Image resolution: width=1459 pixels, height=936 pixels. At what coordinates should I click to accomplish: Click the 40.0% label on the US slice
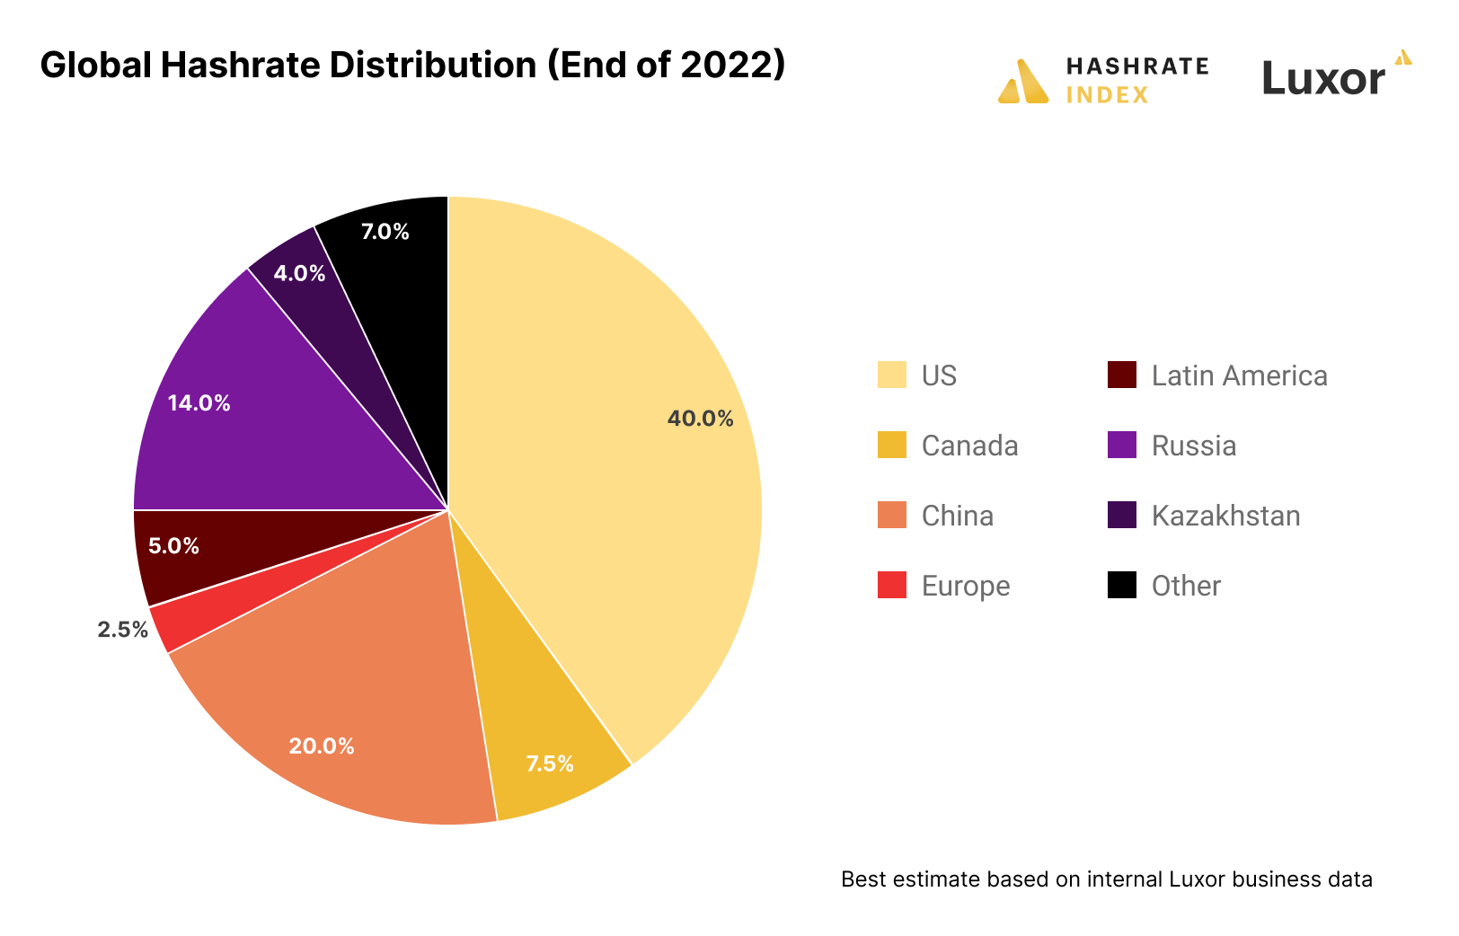point(700,419)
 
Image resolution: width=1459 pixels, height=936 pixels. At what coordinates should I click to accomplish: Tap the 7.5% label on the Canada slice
point(550,764)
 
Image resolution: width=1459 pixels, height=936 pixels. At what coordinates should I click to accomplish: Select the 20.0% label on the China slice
point(322,746)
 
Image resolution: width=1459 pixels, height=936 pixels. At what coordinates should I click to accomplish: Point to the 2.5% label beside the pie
point(123,630)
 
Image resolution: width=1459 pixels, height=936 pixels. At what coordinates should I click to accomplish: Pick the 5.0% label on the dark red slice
point(173,546)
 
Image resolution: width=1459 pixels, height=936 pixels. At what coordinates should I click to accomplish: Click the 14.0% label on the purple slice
point(199,403)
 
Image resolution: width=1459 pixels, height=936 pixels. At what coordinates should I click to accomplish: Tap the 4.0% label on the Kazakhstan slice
point(299,274)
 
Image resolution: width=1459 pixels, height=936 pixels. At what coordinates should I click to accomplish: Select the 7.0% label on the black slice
point(385,232)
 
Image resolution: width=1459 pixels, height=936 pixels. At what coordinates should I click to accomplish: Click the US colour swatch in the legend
point(892,375)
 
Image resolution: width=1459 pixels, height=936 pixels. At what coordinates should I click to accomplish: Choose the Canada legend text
point(969,446)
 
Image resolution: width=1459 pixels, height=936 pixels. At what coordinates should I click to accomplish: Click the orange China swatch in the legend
point(892,516)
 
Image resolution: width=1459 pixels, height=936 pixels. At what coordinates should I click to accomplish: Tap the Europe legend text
point(966,586)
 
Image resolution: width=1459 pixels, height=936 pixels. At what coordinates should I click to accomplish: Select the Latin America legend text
point(1239,375)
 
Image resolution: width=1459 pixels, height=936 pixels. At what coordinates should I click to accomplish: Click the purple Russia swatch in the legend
point(1122,446)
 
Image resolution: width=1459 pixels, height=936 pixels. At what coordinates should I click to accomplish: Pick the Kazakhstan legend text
point(1225,516)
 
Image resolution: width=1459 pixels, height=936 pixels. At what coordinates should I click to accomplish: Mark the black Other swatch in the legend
point(1122,586)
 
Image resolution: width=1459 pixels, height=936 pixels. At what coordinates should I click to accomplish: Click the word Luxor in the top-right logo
point(1323,79)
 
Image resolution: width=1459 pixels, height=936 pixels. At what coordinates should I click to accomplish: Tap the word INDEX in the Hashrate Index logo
point(1107,95)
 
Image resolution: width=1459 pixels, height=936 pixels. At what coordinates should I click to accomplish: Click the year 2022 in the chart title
point(726,66)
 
